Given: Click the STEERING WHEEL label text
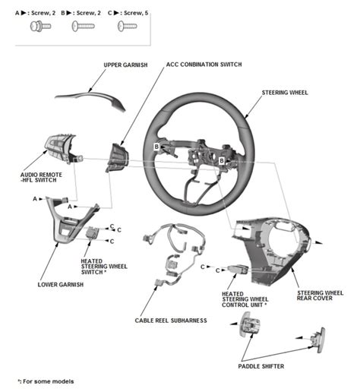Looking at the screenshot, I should coord(286,93).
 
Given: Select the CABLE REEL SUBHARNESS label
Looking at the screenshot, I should coord(170,321).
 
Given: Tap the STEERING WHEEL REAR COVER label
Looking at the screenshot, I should coord(319,295).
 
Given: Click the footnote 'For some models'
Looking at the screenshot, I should coord(47,381).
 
